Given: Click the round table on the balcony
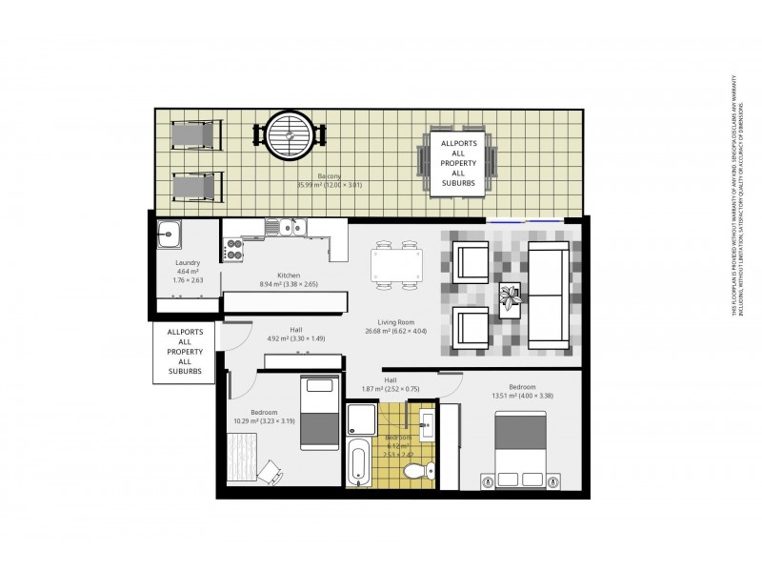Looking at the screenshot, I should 288,136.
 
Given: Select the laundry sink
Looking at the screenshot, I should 170,234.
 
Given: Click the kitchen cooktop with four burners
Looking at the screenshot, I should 233,251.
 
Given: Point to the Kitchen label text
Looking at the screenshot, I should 289,274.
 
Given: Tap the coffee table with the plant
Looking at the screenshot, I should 512,297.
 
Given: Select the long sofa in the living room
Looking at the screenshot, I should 548,296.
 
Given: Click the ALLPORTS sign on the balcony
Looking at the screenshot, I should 458,166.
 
